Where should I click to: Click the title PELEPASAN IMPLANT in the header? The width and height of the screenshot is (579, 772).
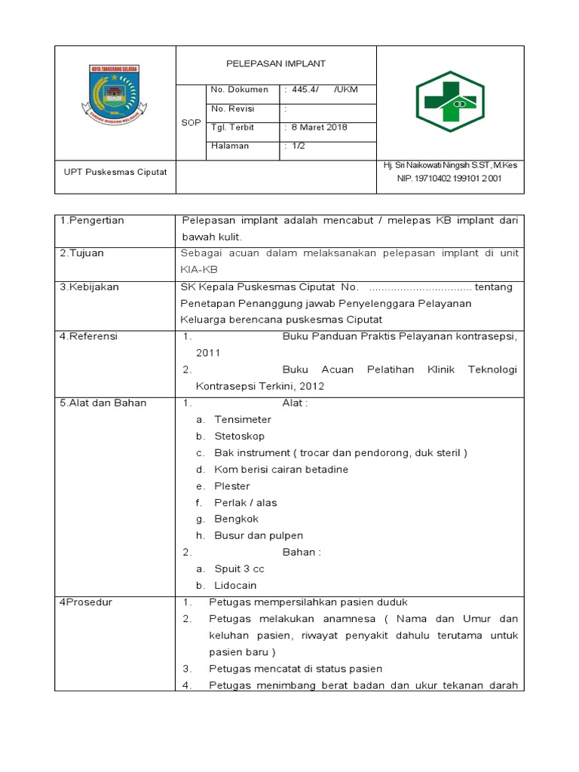(x=276, y=64)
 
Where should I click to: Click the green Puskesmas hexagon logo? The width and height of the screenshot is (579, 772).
(x=450, y=101)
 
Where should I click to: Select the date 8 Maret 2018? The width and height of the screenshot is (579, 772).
(x=319, y=127)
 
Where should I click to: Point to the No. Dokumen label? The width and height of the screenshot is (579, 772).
(x=240, y=90)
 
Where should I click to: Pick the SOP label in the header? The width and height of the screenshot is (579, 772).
(x=191, y=122)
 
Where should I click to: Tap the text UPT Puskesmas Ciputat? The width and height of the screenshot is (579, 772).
(x=115, y=171)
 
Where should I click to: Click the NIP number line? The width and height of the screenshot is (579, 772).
(x=449, y=179)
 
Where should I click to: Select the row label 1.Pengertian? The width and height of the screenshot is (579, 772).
(x=92, y=220)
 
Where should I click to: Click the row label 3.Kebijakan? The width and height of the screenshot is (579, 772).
(x=89, y=287)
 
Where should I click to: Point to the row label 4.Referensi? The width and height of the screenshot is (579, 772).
(x=89, y=336)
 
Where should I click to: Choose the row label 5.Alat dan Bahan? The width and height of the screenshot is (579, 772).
(x=103, y=403)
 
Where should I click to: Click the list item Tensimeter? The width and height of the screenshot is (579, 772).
(x=242, y=419)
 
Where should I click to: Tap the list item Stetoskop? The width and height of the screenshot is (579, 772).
(x=239, y=436)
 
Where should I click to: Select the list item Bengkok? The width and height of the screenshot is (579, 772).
(x=236, y=519)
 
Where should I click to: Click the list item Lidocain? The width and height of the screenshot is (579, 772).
(x=235, y=585)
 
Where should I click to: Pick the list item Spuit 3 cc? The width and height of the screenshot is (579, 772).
(x=239, y=568)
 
